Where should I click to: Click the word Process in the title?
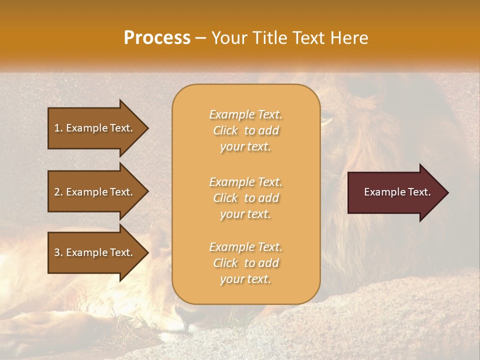pos(157,38)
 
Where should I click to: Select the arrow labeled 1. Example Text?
pos(95,128)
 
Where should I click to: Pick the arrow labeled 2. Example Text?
pos(95,192)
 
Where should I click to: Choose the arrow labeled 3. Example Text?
pos(95,252)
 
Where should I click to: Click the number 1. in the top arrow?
pos(58,128)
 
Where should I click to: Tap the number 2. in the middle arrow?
pos(58,192)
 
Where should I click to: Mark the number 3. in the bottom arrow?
pos(58,252)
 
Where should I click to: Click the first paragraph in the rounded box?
pos(245,130)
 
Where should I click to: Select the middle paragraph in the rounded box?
pos(245,198)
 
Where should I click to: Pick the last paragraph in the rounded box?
pos(245,263)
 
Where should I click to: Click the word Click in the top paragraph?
pos(225,130)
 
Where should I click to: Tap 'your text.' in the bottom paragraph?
pos(245,279)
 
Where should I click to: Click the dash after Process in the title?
pos(201,38)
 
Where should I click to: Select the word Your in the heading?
pos(227,38)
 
